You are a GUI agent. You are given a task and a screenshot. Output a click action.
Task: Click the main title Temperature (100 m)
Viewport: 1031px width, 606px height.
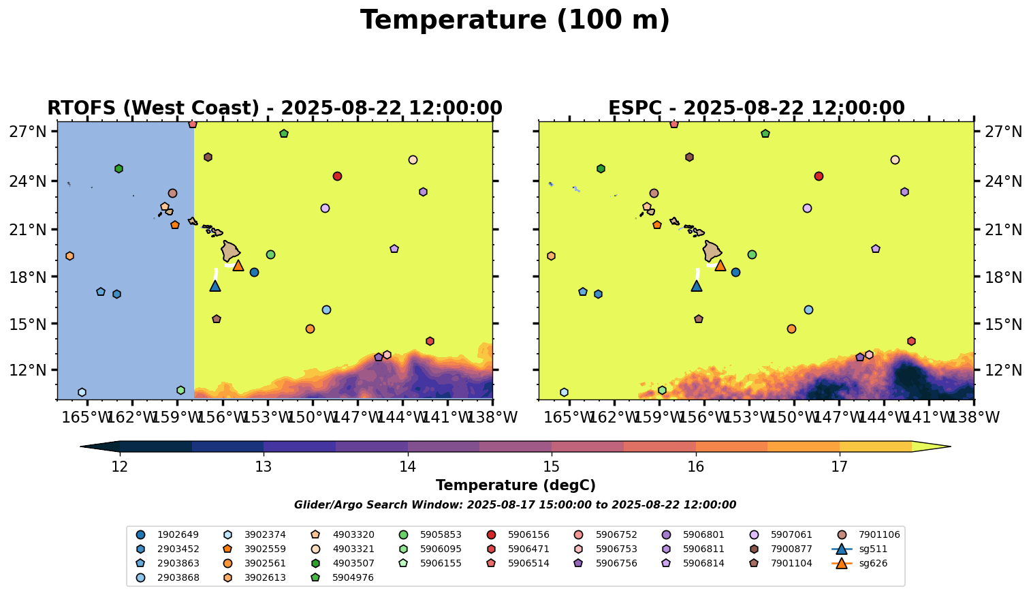coord(515,20)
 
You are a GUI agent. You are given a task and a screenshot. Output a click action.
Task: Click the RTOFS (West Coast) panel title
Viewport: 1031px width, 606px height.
coord(274,108)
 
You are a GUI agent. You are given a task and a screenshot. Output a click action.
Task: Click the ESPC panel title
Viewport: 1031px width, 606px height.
coord(756,108)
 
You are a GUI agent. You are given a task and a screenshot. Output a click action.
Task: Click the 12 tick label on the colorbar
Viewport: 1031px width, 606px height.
coord(120,467)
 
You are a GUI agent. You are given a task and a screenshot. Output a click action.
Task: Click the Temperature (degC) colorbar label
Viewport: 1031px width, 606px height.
coord(515,485)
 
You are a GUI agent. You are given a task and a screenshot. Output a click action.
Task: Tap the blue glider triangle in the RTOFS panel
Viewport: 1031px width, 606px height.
coord(215,286)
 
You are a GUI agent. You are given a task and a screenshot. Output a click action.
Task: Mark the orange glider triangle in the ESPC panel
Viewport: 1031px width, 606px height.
coord(720,265)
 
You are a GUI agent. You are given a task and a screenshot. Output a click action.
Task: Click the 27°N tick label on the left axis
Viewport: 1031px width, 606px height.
coord(27,132)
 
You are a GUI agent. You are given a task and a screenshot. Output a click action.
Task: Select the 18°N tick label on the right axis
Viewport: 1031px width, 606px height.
coord(1004,277)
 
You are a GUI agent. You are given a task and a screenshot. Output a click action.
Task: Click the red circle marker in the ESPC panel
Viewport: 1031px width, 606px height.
coord(819,176)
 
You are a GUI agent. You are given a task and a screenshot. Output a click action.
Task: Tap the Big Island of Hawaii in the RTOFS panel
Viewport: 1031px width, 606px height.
coord(230,251)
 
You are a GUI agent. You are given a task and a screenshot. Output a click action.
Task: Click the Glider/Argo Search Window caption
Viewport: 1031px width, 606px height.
coord(515,505)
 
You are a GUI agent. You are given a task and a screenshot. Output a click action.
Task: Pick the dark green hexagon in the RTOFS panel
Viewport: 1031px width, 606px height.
coord(118,168)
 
